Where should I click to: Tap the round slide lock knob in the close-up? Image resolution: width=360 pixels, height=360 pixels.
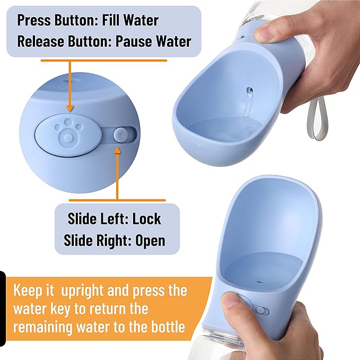point(121,135)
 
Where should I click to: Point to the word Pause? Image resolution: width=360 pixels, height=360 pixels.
point(138,41)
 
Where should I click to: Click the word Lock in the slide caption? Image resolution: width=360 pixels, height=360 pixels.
point(147,218)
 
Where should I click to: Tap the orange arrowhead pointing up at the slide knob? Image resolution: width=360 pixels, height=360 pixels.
point(118,152)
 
